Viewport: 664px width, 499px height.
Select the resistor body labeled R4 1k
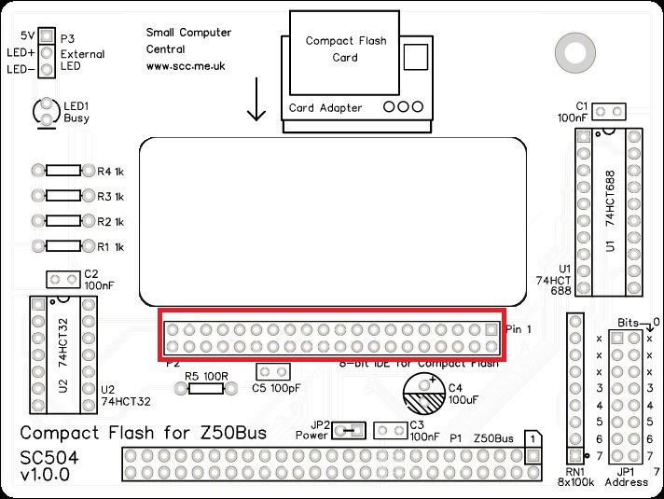click(x=63, y=172)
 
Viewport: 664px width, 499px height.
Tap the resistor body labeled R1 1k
click(x=63, y=246)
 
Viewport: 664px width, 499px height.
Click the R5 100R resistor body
click(x=204, y=387)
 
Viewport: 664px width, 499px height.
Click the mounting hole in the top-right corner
click(x=569, y=47)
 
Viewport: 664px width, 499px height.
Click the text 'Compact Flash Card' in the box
click(x=344, y=49)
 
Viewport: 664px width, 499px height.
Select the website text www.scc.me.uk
click(x=186, y=66)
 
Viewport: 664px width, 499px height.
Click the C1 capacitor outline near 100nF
click(x=609, y=112)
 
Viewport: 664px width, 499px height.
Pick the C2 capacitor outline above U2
click(x=63, y=280)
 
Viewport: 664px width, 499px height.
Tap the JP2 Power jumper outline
click(x=348, y=430)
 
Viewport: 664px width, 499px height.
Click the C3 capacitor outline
click(x=389, y=430)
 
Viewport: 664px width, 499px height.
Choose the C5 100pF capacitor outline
click(x=271, y=371)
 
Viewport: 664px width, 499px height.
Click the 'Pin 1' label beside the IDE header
click(x=519, y=330)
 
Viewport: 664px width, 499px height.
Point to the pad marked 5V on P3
click(x=46, y=36)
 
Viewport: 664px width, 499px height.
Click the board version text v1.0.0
click(x=45, y=476)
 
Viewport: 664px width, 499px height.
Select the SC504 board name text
click(x=47, y=457)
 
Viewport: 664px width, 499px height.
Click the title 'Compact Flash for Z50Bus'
click(x=144, y=433)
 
